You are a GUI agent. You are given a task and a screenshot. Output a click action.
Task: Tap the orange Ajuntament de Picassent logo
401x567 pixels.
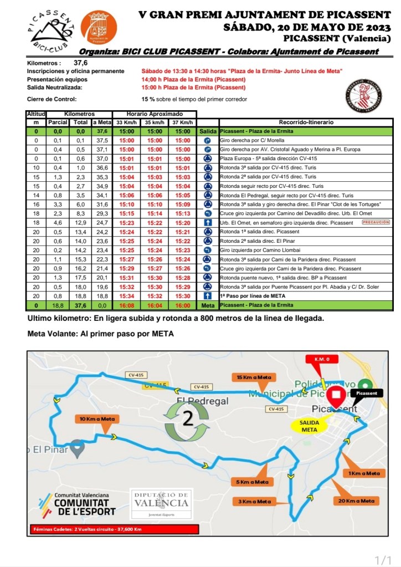[99, 27]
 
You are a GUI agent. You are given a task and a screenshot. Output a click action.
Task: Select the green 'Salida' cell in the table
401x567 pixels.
[208, 131]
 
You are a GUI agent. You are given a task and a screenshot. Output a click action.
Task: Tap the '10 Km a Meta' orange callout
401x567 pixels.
[96, 418]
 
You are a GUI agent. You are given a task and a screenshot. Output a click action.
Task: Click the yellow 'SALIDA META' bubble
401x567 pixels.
[310, 426]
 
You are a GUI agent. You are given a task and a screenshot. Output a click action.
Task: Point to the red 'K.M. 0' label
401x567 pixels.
[322, 359]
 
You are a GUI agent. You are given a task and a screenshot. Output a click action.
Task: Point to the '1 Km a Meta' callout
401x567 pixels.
[364, 473]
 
